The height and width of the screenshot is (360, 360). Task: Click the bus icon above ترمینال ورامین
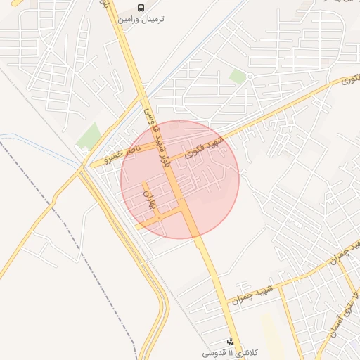pos(141,8)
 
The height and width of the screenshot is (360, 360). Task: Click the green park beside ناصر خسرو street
pos(89,136)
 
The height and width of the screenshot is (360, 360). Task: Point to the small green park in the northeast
pos(238,77)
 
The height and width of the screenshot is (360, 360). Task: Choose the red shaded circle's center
pos(180,179)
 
